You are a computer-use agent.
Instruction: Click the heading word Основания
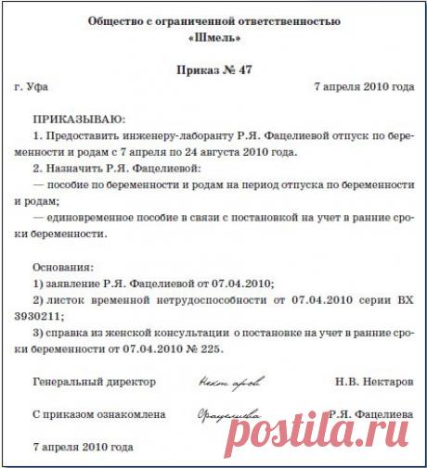pos(62,266)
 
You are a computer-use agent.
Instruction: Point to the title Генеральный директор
pos(94,381)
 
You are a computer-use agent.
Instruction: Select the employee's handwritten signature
pos(228,416)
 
